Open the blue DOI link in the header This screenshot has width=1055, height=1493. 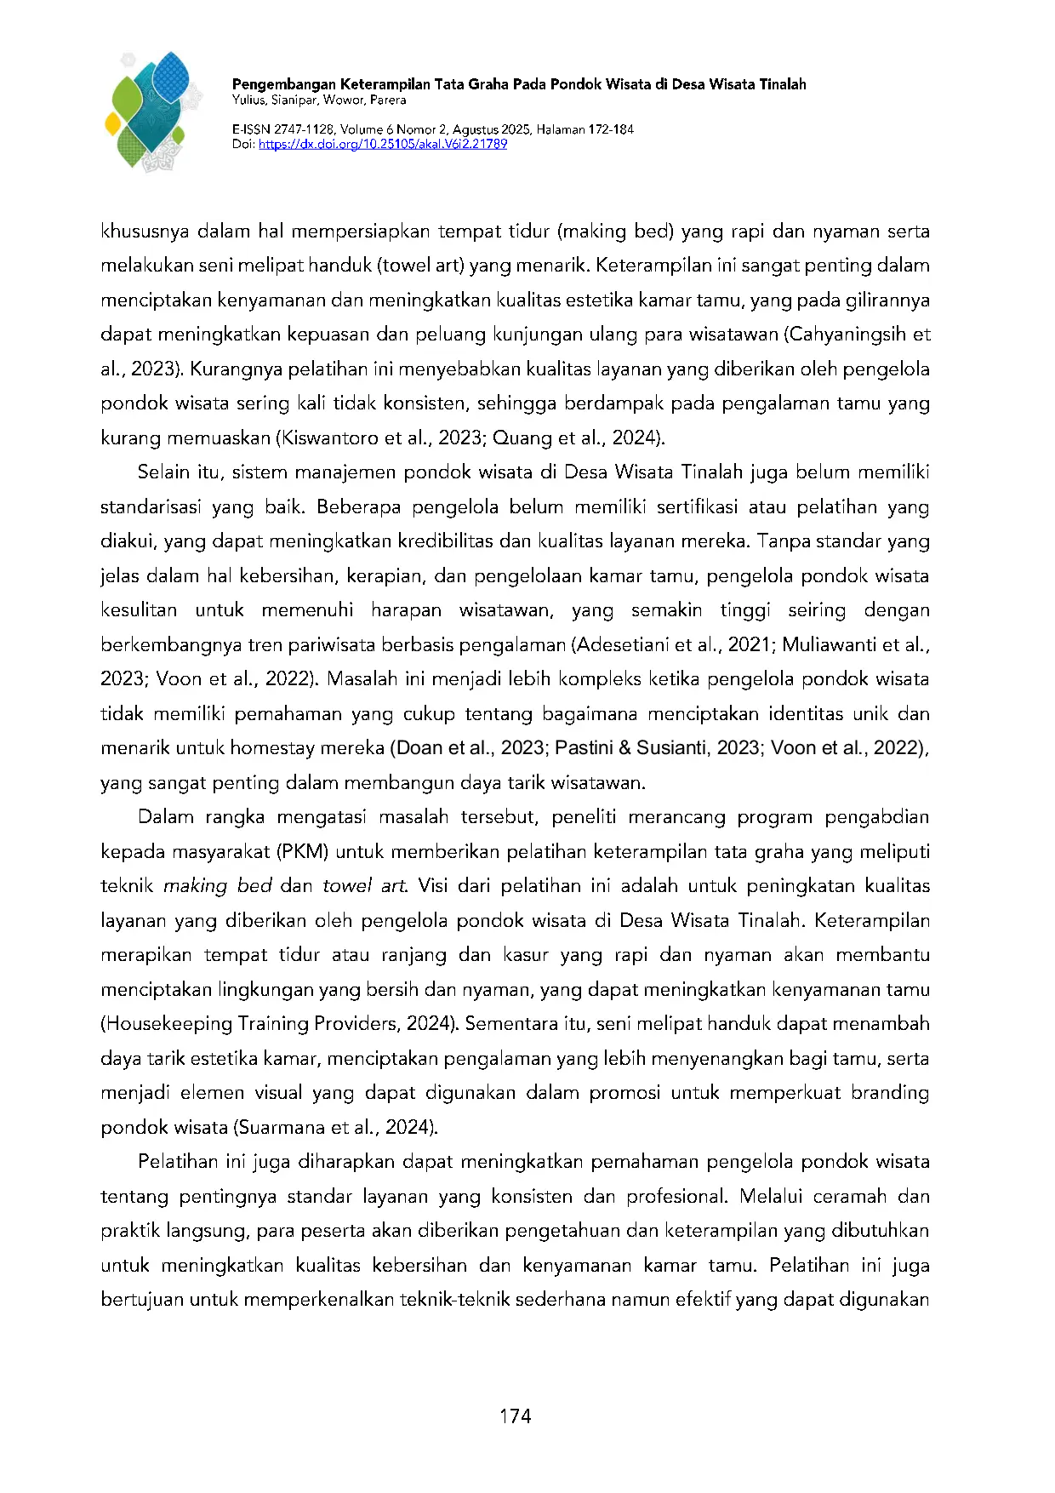pyautogui.click(x=383, y=144)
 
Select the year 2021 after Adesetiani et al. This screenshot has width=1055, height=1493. pyautogui.click(x=750, y=645)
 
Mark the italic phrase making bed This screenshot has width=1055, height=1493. pyautogui.click(x=217, y=886)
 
